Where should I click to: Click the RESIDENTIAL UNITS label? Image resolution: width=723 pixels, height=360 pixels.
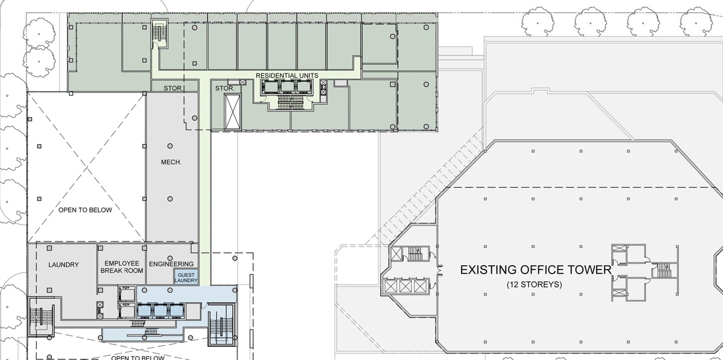pos(287,75)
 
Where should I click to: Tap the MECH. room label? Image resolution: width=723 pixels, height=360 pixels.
pos(171,162)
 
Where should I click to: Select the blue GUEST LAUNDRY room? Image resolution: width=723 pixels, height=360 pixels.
pos(186,277)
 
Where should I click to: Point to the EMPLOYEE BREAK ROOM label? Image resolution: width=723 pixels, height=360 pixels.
pos(121,267)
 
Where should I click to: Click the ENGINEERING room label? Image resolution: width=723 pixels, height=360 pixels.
pos(171,264)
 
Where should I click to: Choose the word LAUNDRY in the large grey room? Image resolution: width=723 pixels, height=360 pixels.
pos(63,264)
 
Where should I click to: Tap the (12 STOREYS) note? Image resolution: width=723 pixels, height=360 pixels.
pos(534,284)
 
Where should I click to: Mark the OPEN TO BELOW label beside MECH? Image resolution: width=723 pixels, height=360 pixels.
pos(85,210)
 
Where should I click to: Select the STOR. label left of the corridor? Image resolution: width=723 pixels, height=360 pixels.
pos(173,88)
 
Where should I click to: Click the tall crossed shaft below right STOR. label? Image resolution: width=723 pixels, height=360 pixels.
pos(232,111)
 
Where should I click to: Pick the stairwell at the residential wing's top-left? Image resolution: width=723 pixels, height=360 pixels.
pos(159,32)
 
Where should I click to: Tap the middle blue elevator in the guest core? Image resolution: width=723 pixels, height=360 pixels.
pos(162,310)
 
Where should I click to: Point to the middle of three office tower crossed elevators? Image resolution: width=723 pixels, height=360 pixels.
pos(404,286)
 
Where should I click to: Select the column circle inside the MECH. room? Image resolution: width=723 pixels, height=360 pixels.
pos(169,199)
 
